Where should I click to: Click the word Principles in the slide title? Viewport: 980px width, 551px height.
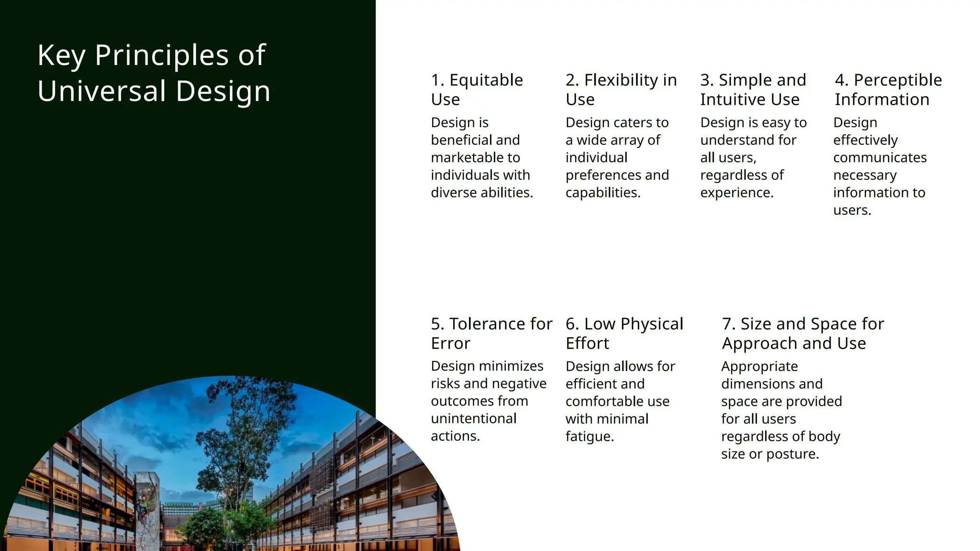click(x=162, y=55)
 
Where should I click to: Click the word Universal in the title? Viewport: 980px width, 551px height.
click(x=101, y=91)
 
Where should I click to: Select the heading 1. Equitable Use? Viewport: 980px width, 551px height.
click(x=477, y=89)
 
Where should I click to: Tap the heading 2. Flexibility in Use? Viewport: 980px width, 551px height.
click(x=621, y=89)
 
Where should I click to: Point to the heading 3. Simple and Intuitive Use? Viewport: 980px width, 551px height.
click(x=753, y=89)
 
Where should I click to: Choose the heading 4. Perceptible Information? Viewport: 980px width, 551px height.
click(x=888, y=89)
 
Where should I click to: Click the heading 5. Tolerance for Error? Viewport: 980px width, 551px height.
click(x=491, y=333)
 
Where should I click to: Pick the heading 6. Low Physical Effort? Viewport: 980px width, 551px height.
click(x=624, y=333)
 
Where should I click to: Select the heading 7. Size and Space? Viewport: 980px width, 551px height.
click(x=803, y=333)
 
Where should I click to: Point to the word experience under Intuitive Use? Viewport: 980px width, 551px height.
click(x=736, y=193)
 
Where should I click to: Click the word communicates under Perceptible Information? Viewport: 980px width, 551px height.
click(x=880, y=157)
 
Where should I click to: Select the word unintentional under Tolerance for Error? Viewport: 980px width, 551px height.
click(x=473, y=419)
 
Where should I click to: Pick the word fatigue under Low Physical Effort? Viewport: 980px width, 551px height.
click(x=589, y=437)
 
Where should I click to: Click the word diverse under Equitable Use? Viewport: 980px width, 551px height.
click(x=451, y=193)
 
